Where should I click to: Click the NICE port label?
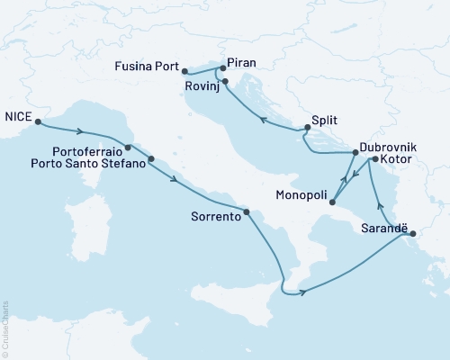click(19, 115)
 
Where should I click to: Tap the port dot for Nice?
click(39, 124)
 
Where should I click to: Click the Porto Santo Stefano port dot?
click(150, 159)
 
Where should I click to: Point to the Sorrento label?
click(217, 216)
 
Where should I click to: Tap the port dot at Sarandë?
click(412, 236)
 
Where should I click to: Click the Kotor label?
click(398, 159)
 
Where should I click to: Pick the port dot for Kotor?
click(374, 159)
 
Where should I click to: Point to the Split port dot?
click(307, 128)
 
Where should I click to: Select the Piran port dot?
click(222, 68)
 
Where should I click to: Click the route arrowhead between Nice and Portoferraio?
click(80, 131)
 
